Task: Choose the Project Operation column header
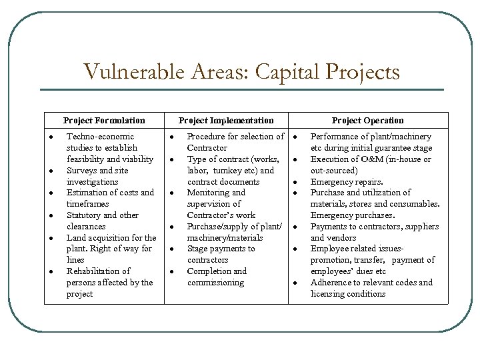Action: pos(368,121)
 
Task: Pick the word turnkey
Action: pos(229,170)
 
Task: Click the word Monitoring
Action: pos(209,193)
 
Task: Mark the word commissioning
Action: pos(215,283)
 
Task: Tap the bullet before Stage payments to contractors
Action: pos(172,249)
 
